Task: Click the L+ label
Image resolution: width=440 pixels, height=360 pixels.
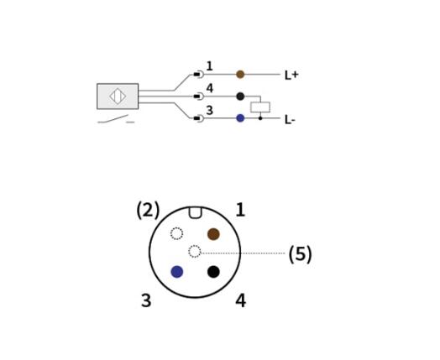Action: pos(291,76)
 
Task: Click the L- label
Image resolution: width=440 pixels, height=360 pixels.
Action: pos(290,120)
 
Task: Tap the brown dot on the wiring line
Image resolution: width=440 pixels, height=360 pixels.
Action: pos(240,75)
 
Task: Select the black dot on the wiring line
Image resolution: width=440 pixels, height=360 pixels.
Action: pos(240,97)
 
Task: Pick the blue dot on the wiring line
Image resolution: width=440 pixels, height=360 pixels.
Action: pos(240,118)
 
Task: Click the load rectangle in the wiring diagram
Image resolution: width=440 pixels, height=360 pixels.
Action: pos(260,107)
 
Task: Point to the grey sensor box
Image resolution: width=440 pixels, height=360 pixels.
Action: pos(118,97)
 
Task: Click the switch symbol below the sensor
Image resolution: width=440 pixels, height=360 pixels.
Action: pos(116,119)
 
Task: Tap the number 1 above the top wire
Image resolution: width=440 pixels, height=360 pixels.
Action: pos(209,66)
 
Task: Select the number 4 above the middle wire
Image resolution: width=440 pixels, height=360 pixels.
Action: pos(210,88)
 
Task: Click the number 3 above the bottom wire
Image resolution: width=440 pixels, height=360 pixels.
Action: pos(209,110)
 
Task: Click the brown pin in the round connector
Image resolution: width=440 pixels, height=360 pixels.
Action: pos(213,234)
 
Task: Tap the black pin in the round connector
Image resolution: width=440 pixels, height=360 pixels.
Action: pos(213,272)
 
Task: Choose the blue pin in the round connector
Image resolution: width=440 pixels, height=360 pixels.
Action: pos(177,272)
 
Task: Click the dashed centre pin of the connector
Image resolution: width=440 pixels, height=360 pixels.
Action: pos(195,251)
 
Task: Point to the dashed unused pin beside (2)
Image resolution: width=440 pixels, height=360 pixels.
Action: pos(177,233)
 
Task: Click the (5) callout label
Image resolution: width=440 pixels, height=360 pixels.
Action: pos(301,254)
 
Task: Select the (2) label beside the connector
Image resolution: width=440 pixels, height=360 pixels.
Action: pos(148,210)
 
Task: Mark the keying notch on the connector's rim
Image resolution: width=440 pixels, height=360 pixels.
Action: pos(195,212)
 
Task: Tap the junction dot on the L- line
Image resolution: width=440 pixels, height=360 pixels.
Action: pos(260,118)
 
